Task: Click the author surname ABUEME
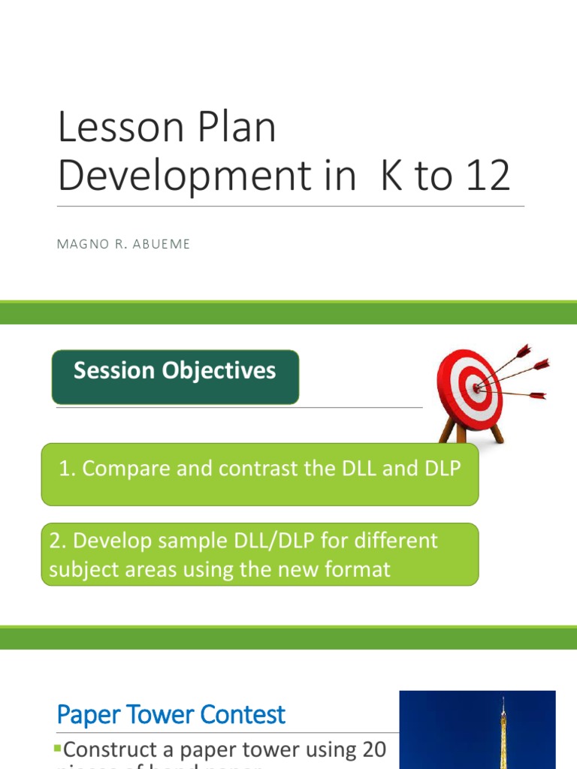pos(165,244)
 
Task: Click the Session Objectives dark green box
pos(174,376)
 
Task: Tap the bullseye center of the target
pos(474,387)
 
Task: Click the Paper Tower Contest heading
pos(171,714)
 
